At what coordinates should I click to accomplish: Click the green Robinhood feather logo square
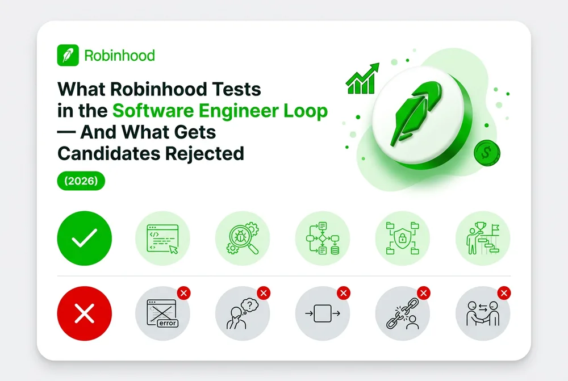(68, 55)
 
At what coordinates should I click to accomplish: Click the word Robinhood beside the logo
(119, 56)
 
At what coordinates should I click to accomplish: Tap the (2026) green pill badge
(81, 181)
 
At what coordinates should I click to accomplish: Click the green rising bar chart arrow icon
(362, 78)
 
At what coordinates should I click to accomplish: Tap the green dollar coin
(487, 153)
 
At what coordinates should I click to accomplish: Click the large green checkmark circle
(85, 238)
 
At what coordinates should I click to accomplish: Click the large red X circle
(85, 313)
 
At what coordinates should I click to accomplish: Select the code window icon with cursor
(162, 238)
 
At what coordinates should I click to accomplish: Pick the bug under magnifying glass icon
(243, 238)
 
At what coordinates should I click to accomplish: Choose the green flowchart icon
(323, 238)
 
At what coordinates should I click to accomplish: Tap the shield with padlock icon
(403, 238)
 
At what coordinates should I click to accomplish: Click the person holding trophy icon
(483, 238)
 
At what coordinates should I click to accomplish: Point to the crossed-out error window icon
(162, 313)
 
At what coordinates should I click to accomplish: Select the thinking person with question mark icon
(243, 313)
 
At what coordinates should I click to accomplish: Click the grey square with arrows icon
(323, 313)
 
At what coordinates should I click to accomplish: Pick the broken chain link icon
(403, 313)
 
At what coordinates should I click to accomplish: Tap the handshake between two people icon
(483, 313)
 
